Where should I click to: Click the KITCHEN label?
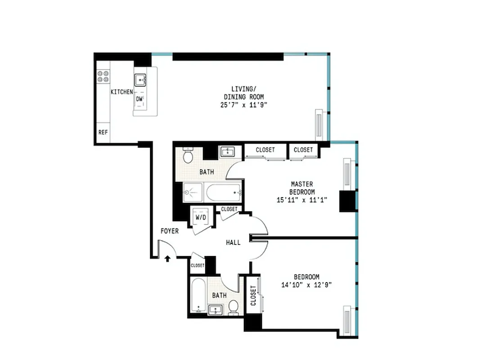121,92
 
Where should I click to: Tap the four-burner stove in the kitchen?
103,76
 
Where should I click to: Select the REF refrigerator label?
103,133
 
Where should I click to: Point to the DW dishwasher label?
139,99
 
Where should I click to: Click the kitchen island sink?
141,80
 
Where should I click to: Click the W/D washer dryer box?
200,217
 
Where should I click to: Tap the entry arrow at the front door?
168,258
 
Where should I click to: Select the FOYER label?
170,231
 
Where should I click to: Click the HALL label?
233,243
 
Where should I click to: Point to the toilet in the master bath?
188,156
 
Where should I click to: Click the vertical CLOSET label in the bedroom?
253,295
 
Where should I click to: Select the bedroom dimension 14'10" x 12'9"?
306,285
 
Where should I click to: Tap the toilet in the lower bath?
233,307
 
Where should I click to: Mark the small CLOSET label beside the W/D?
229,209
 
